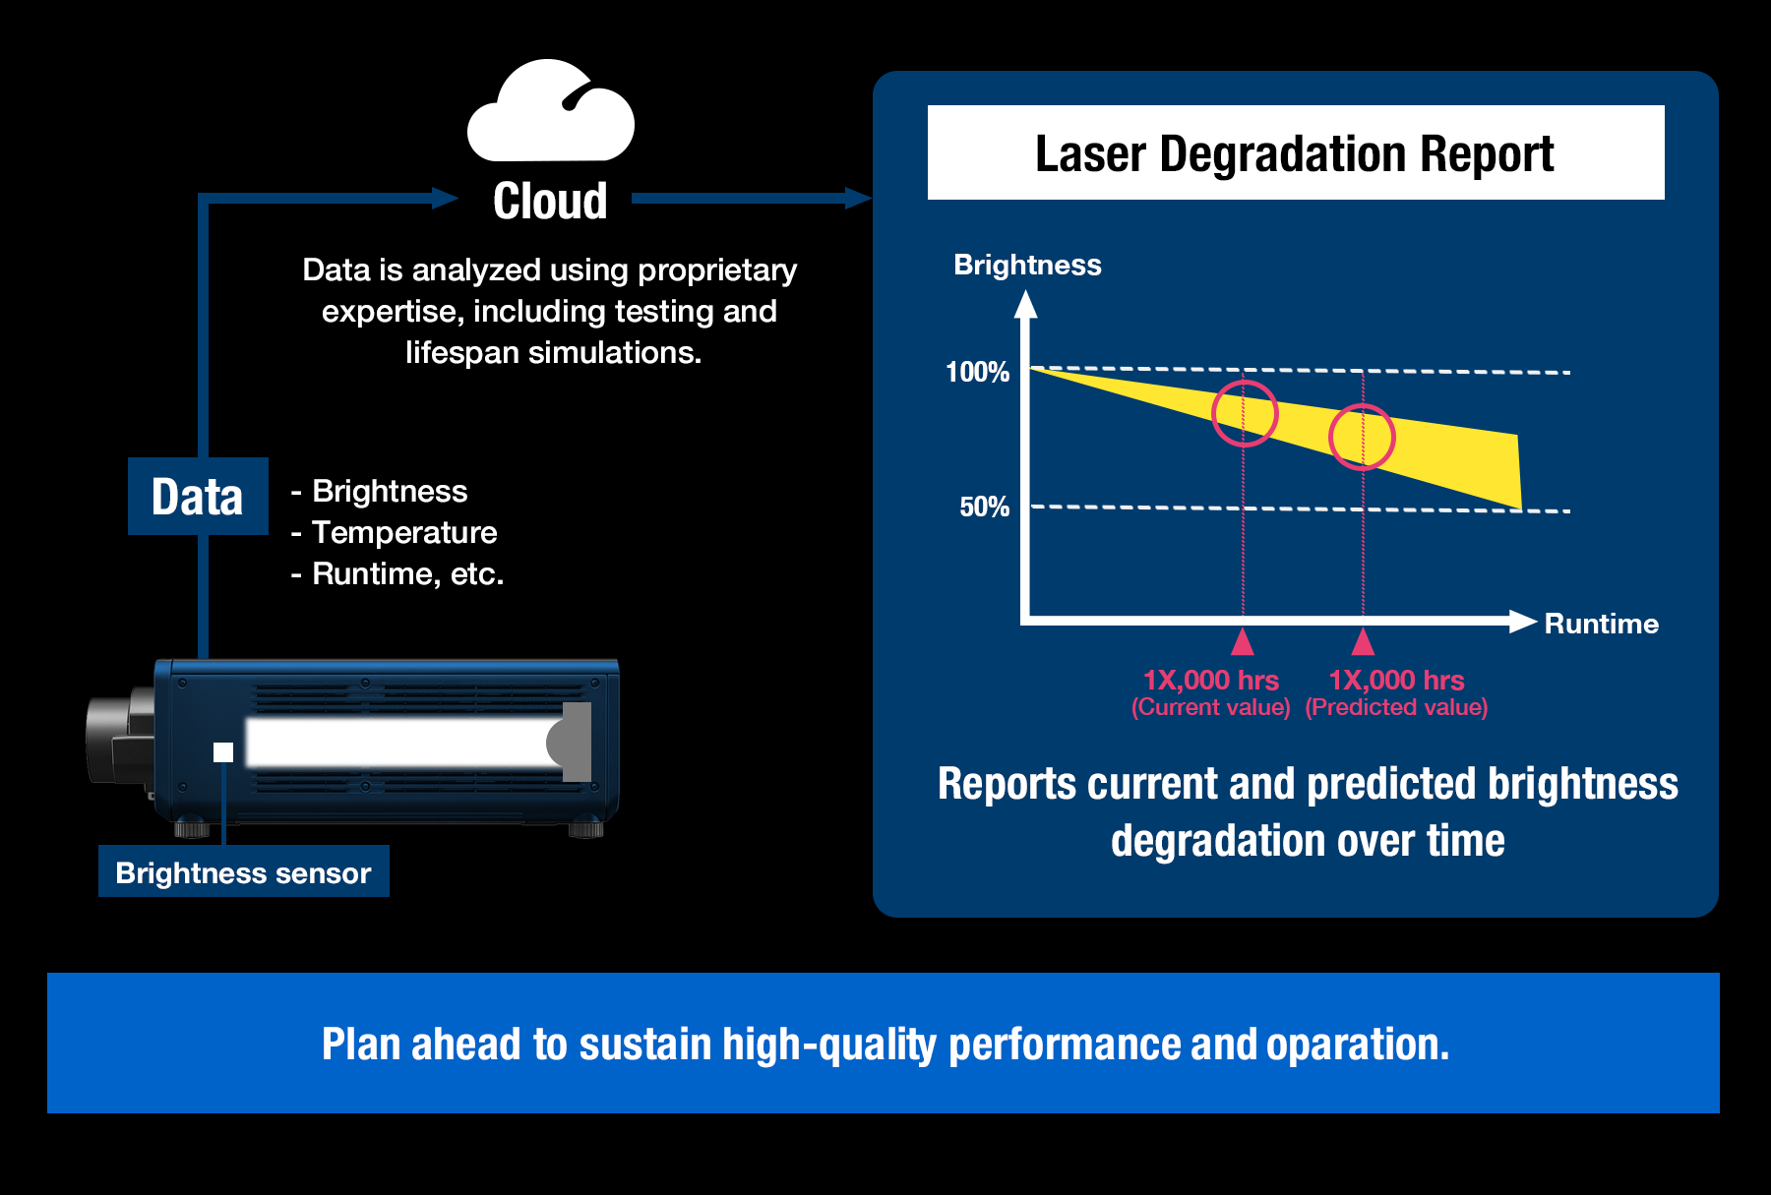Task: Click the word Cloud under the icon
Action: click(x=550, y=201)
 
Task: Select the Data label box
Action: click(x=198, y=496)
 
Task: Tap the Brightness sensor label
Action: click(x=244, y=871)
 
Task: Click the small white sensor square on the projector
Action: click(x=223, y=752)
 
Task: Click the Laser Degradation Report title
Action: click(x=1295, y=153)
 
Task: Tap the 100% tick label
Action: click(x=977, y=372)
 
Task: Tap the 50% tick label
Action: click(x=984, y=507)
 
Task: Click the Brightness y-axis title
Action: click(x=1027, y=265)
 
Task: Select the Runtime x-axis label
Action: click(x=1601, y=624)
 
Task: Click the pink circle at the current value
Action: click(x=1245, y=414)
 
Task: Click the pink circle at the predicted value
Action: click(x=1363, y=437)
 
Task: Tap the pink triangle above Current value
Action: click(x=1243, y=642)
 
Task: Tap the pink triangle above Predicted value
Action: click(x=1363, y=642)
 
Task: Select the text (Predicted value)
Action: click(x=1396, y=707)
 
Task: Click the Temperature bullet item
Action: click(x=395, y=532)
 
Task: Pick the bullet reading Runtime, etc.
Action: click(x=397, y=573)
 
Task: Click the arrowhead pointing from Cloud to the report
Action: click(x=858, y=199)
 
